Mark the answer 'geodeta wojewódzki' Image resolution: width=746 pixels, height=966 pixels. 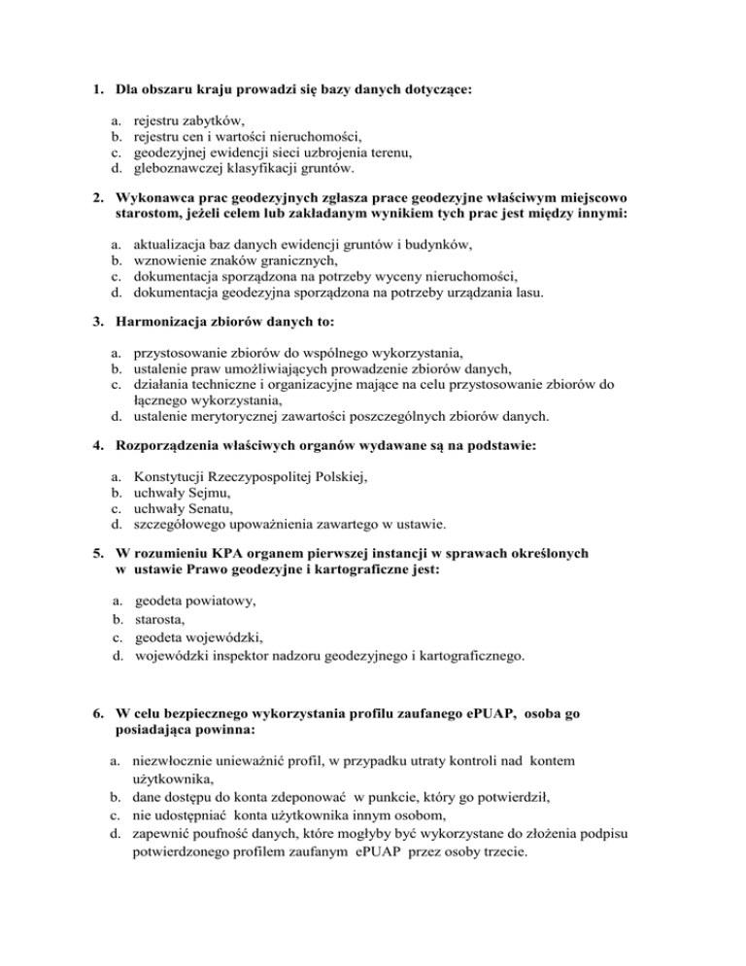200,638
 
